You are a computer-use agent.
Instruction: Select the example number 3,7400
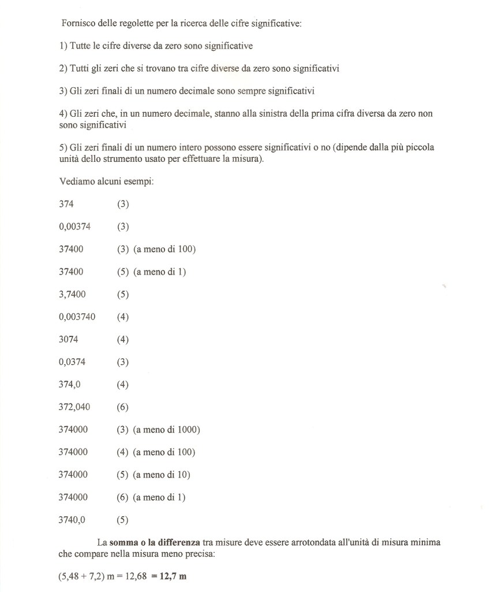pyautogui.click(x=72, y=294)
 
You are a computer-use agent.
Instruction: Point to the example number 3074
pyautogui.click(x=68, y=339)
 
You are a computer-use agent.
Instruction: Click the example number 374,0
pyautogui.click(x=70, y=384)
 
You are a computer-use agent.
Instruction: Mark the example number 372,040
pyautogui.click(x=74, y=407)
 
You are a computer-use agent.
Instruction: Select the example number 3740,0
pyautogui.click(x=72, y=519)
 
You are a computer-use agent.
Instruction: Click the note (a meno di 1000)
pyautogui.click(x=166, y=430)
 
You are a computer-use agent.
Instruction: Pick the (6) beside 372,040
pyautogui.click(x=122, y=407)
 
